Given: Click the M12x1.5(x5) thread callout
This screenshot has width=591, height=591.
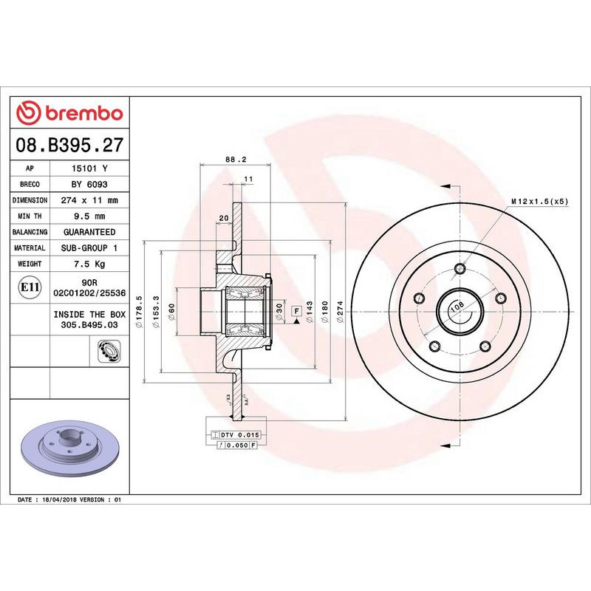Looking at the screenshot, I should (540, 201).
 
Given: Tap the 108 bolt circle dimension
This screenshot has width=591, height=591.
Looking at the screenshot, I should (457, 304).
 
